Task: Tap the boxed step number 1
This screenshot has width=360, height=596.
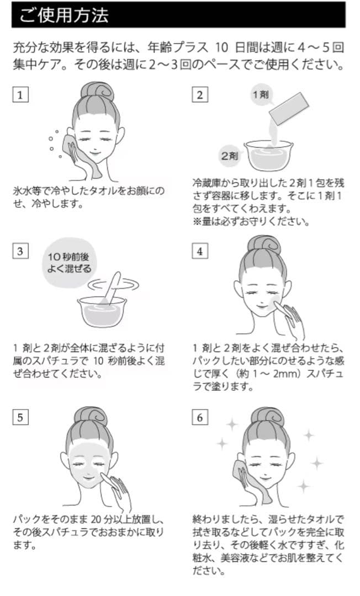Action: (20, 94)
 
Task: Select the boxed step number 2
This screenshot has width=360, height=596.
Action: (199, 94)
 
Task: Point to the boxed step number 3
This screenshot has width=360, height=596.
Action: (20, 251)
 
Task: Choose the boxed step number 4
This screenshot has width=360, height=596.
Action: (199, 251)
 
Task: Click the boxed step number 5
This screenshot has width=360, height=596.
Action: (20, 417)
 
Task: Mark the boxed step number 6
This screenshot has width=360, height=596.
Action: (199, 417)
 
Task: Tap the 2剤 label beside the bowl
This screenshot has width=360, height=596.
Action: (229, 156)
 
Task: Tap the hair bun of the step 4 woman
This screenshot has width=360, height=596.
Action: (264, 245)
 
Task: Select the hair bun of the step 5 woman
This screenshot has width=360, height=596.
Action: (91, 415)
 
